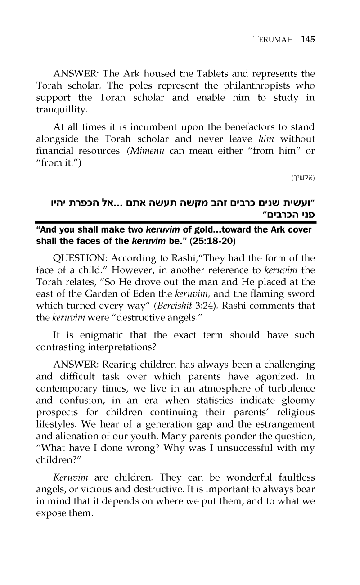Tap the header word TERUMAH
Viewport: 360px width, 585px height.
coord(273,40)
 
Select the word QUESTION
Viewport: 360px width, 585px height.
coord(80,258)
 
